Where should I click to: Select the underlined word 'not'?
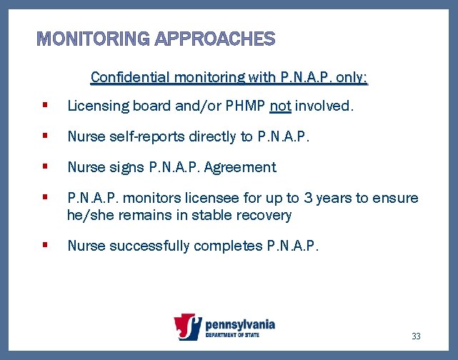pos(280,106)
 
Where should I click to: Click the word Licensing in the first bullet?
pos(94,106)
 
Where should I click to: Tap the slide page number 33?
pos(417,336)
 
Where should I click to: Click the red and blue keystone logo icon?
pos(188,327)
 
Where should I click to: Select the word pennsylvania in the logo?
pos(239,324)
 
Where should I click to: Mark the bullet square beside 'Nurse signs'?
pos(45,166)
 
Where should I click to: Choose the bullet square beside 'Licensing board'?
pos(45,106)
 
